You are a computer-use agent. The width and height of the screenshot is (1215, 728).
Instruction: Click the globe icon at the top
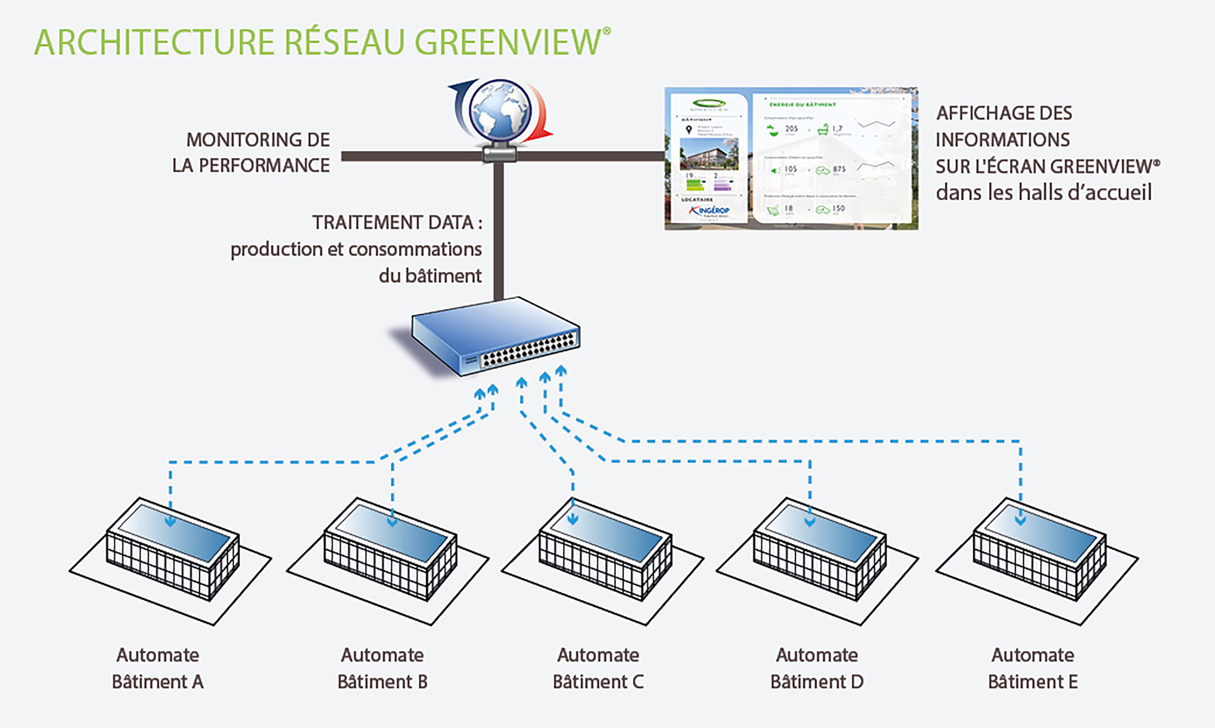click(500, 112)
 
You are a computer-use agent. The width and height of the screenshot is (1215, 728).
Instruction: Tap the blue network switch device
click(496, 336)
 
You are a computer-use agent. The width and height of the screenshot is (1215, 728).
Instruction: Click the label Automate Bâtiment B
click(382, 668)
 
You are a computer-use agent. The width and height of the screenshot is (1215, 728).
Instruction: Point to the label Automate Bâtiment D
click(817, 668)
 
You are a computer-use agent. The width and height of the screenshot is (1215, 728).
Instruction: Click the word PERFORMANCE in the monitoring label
click(264, 166)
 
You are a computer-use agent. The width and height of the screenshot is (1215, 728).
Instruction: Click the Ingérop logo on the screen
click(710, 211)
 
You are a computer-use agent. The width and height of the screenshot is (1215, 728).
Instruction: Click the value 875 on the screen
click(839, 169)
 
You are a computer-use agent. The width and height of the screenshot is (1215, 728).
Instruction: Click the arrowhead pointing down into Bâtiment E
click(1021, 520)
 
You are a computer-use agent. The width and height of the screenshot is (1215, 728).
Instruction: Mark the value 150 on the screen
click(838, 208)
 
